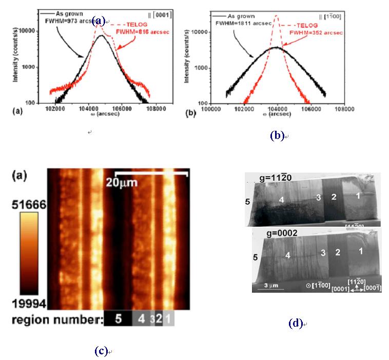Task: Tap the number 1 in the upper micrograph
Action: click(x=359, y=195)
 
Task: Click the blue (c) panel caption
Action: click(x=101, y=351)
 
